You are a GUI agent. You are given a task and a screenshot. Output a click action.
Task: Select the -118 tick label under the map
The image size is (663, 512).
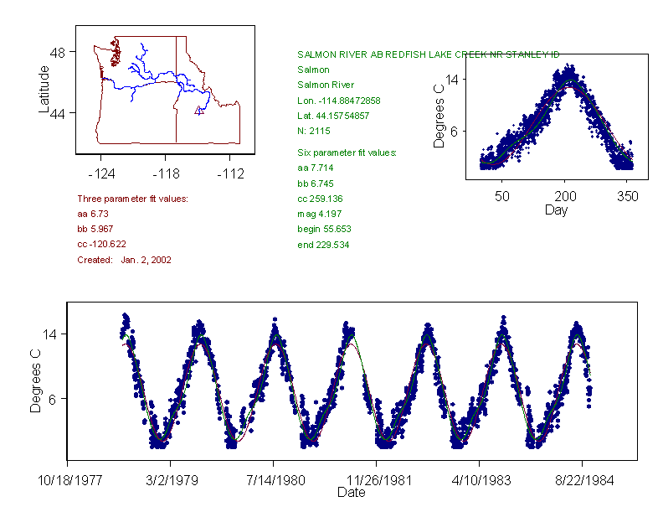click(165, 174)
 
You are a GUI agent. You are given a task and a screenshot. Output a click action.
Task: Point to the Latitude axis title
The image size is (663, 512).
click(44, 90)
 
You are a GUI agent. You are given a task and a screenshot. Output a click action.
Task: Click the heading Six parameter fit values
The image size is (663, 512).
click(347, 153)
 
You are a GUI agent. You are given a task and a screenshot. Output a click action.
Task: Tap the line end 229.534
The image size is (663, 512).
click(323, 245)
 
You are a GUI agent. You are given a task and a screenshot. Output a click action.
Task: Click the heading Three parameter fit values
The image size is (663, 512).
click(132, 199)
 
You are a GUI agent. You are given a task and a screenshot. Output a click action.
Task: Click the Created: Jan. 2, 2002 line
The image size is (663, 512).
click(124, 260)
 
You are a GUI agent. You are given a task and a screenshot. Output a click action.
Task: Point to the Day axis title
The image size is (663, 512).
click(556, 209)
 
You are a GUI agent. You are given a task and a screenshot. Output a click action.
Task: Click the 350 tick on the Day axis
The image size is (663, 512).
click(627, 196)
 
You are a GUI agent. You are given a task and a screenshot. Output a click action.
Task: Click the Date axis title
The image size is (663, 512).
click(352, 493)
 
